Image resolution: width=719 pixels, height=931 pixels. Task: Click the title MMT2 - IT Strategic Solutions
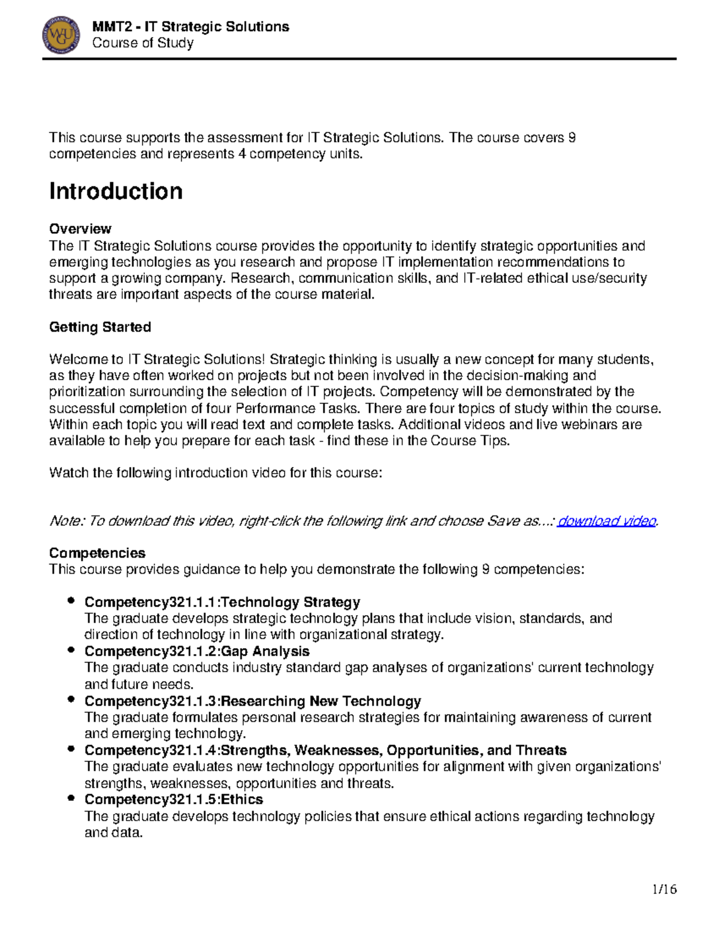(191, 26)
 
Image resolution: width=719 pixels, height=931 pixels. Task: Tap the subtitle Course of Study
(143, 43)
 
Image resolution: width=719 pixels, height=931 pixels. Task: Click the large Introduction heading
(116, 191)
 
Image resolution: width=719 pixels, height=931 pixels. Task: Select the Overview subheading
(80, 229)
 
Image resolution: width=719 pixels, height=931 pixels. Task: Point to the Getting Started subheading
(99, 327)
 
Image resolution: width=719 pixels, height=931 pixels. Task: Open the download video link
(606, 521)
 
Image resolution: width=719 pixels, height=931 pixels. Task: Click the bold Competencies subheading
(97, 553)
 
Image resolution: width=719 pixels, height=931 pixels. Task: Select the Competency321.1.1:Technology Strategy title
(222, 602)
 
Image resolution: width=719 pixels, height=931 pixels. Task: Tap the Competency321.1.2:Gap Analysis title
(197, 651)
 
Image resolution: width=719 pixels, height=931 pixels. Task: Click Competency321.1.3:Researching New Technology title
(252, 701)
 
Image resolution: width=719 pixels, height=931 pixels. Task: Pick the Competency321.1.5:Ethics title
(173, 799)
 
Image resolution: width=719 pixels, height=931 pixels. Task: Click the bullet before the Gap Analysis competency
(71, 650)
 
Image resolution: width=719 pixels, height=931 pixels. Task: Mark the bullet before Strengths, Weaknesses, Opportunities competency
(71, 749)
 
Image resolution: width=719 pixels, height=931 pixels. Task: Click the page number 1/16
(664, 889)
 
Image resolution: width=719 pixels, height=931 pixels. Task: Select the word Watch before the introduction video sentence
(68, 473)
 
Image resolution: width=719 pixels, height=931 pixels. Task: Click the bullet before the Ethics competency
(71, 798)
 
